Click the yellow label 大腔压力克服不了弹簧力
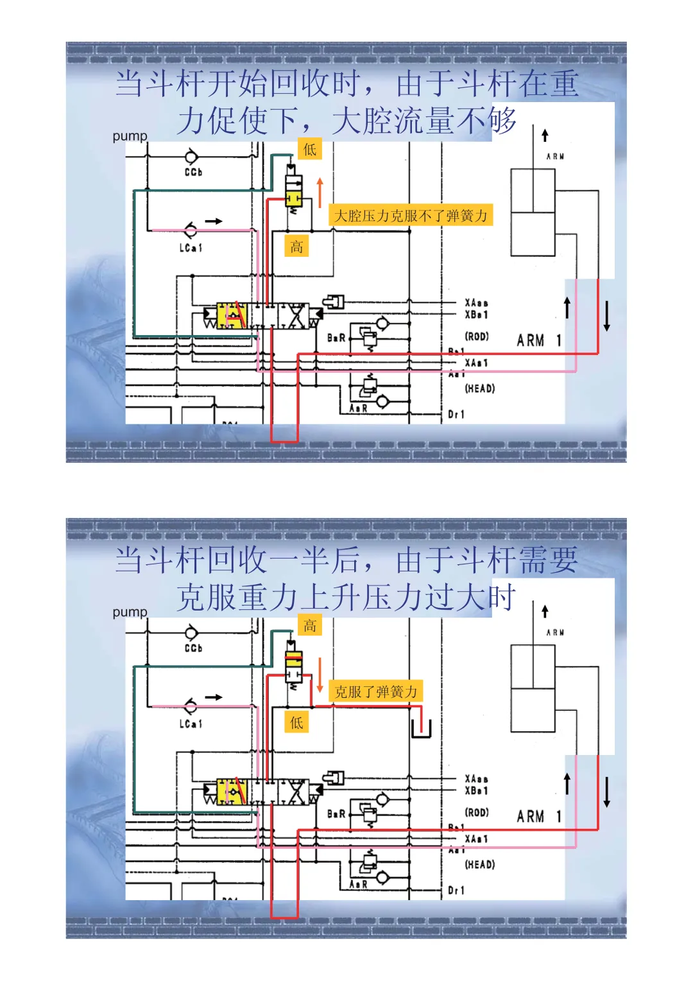pos(411,216)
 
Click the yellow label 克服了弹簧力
pos(376,691)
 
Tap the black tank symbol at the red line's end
pos(421,729)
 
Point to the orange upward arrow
pos(320,192)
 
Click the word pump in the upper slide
pos(130,136)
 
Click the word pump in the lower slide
pos(130,612)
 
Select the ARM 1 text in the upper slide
pos(539,340)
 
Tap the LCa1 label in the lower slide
pos(191,724)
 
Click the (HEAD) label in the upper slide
pos(480,388)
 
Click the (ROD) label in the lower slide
pos(477,812)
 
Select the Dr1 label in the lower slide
pos(456,890)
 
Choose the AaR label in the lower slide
pos(358,884)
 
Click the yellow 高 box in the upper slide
pos(296,247)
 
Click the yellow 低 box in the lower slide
pos(296,723)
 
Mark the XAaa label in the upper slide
pos(476,302)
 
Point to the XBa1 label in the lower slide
pos(476,791)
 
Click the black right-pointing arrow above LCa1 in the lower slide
pos(214,697)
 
